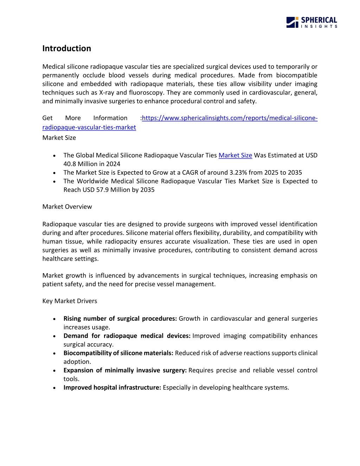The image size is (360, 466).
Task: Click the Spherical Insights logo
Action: [311, 22]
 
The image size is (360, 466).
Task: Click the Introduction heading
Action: [66, 49]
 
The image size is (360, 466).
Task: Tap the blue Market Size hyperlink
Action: [235, 155]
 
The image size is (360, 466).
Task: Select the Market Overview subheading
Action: [67, 207]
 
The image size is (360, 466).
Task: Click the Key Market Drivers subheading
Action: [70, 301]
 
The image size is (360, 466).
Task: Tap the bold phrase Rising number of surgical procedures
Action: [120, 319]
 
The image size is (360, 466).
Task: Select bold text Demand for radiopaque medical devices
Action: [127, 336]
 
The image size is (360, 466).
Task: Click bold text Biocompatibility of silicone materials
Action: [118, 353]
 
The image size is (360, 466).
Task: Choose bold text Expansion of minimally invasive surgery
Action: [125, 370]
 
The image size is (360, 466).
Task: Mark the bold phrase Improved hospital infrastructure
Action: [112, 388]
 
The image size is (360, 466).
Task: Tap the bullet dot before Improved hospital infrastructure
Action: [54, 388]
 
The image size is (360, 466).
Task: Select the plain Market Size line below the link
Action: [59, 138]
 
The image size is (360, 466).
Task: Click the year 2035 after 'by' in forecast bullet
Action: [147, 190]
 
